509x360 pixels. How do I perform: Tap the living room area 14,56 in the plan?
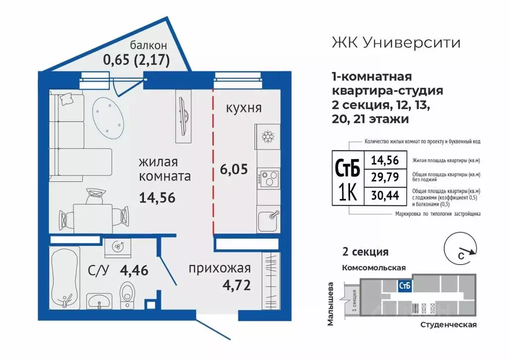[x=157, y=198]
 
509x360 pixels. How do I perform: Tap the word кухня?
[x=244, y=108]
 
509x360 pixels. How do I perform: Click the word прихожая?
[x=219, y=269]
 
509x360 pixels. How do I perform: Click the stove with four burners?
[x=268, y=178]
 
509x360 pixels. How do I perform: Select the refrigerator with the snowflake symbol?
[x=268, y=136]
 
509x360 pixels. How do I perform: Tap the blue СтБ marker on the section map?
[x=404, y=285]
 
